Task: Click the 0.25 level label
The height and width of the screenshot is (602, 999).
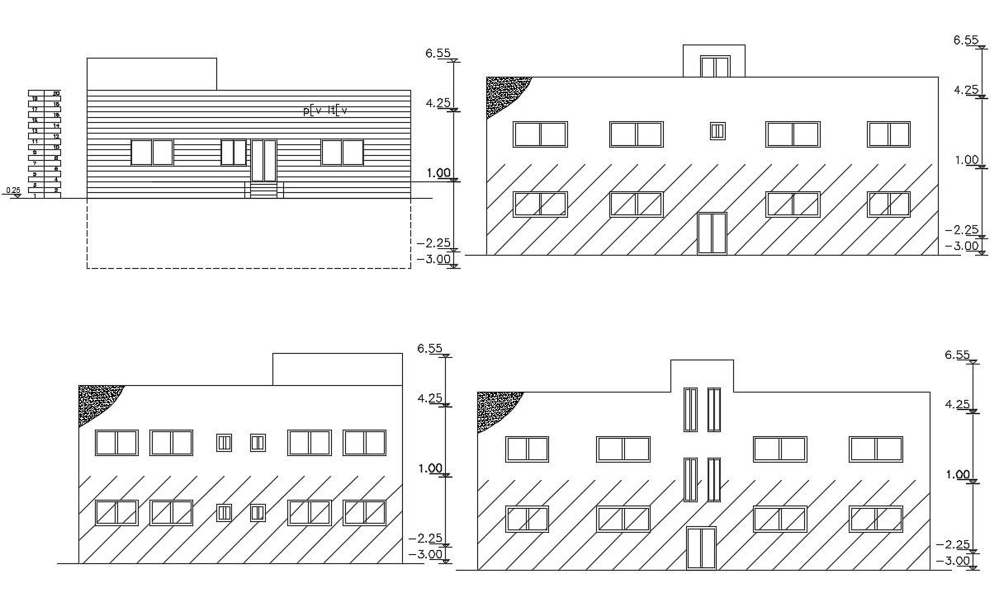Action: [x=14, y=190]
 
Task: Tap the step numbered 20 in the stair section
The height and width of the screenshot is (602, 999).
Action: [x=56, y=94]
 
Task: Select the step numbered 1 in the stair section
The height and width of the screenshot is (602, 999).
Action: [x=36, y=195]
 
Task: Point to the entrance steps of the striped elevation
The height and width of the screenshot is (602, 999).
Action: [x=263, y=190]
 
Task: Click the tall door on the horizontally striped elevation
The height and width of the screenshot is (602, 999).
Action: [x=263, y=160]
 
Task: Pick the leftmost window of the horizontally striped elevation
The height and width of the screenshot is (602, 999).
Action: [x=152, y=153]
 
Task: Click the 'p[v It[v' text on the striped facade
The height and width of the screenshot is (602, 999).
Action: [x=326, y=110]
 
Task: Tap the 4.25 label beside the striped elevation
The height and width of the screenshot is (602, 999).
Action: [x=438, y=103]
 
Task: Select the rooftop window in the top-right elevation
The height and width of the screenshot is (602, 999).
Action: [x=715, y=67]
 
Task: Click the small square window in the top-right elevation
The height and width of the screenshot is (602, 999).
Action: [x=717, y=130]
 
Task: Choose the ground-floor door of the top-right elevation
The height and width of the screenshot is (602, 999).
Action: [x=712, y=233]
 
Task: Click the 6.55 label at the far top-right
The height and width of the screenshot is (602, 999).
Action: [x=966, y=40]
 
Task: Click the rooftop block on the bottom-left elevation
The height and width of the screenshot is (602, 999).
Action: [x=337, y=369]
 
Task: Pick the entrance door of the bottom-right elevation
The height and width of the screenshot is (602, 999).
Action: [x=701, y=548]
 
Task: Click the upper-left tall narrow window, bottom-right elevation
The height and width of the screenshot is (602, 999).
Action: [x=689, y=409]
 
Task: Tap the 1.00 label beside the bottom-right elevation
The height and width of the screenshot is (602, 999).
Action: [x=957, y=475]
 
